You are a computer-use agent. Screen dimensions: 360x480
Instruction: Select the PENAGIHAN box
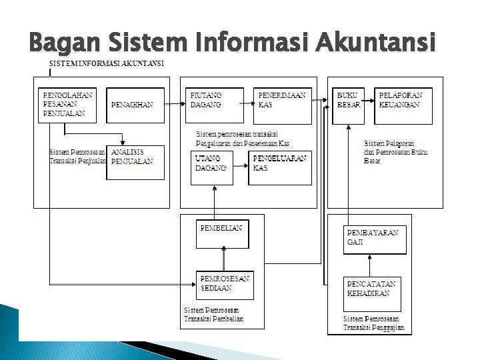pos(135,106)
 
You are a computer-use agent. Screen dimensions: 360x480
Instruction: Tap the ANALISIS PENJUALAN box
pos(137,162)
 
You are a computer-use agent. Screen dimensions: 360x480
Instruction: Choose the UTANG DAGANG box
pos(213,168)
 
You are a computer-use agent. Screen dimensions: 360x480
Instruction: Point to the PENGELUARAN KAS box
pos(281,168)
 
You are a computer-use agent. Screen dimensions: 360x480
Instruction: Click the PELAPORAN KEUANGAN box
pos(403,106)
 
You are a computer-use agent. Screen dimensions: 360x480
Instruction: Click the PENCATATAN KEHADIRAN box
pos(372,293)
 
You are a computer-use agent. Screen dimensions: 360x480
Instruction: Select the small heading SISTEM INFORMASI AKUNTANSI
pos(107,63)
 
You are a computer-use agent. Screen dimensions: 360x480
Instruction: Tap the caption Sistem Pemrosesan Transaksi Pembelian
pos(213,315)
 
